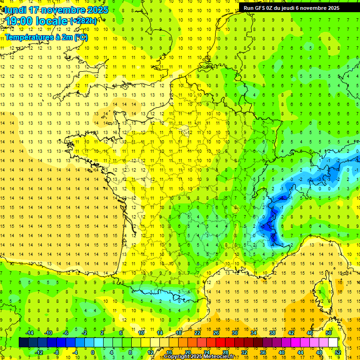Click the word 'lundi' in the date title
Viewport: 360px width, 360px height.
15,10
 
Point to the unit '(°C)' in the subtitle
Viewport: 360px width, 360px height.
80,37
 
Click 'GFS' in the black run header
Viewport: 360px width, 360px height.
262,8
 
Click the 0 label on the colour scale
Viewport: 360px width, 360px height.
93,352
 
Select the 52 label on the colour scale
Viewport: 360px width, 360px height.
337,352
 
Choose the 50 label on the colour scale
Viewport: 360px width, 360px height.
328,333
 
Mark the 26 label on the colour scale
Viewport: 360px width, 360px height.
216,333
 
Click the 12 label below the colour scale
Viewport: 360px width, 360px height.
150,352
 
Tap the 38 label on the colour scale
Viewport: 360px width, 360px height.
272,333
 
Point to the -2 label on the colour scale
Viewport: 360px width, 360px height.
84,333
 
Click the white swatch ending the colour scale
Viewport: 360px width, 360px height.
333,343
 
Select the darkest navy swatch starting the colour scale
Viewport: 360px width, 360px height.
23,343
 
